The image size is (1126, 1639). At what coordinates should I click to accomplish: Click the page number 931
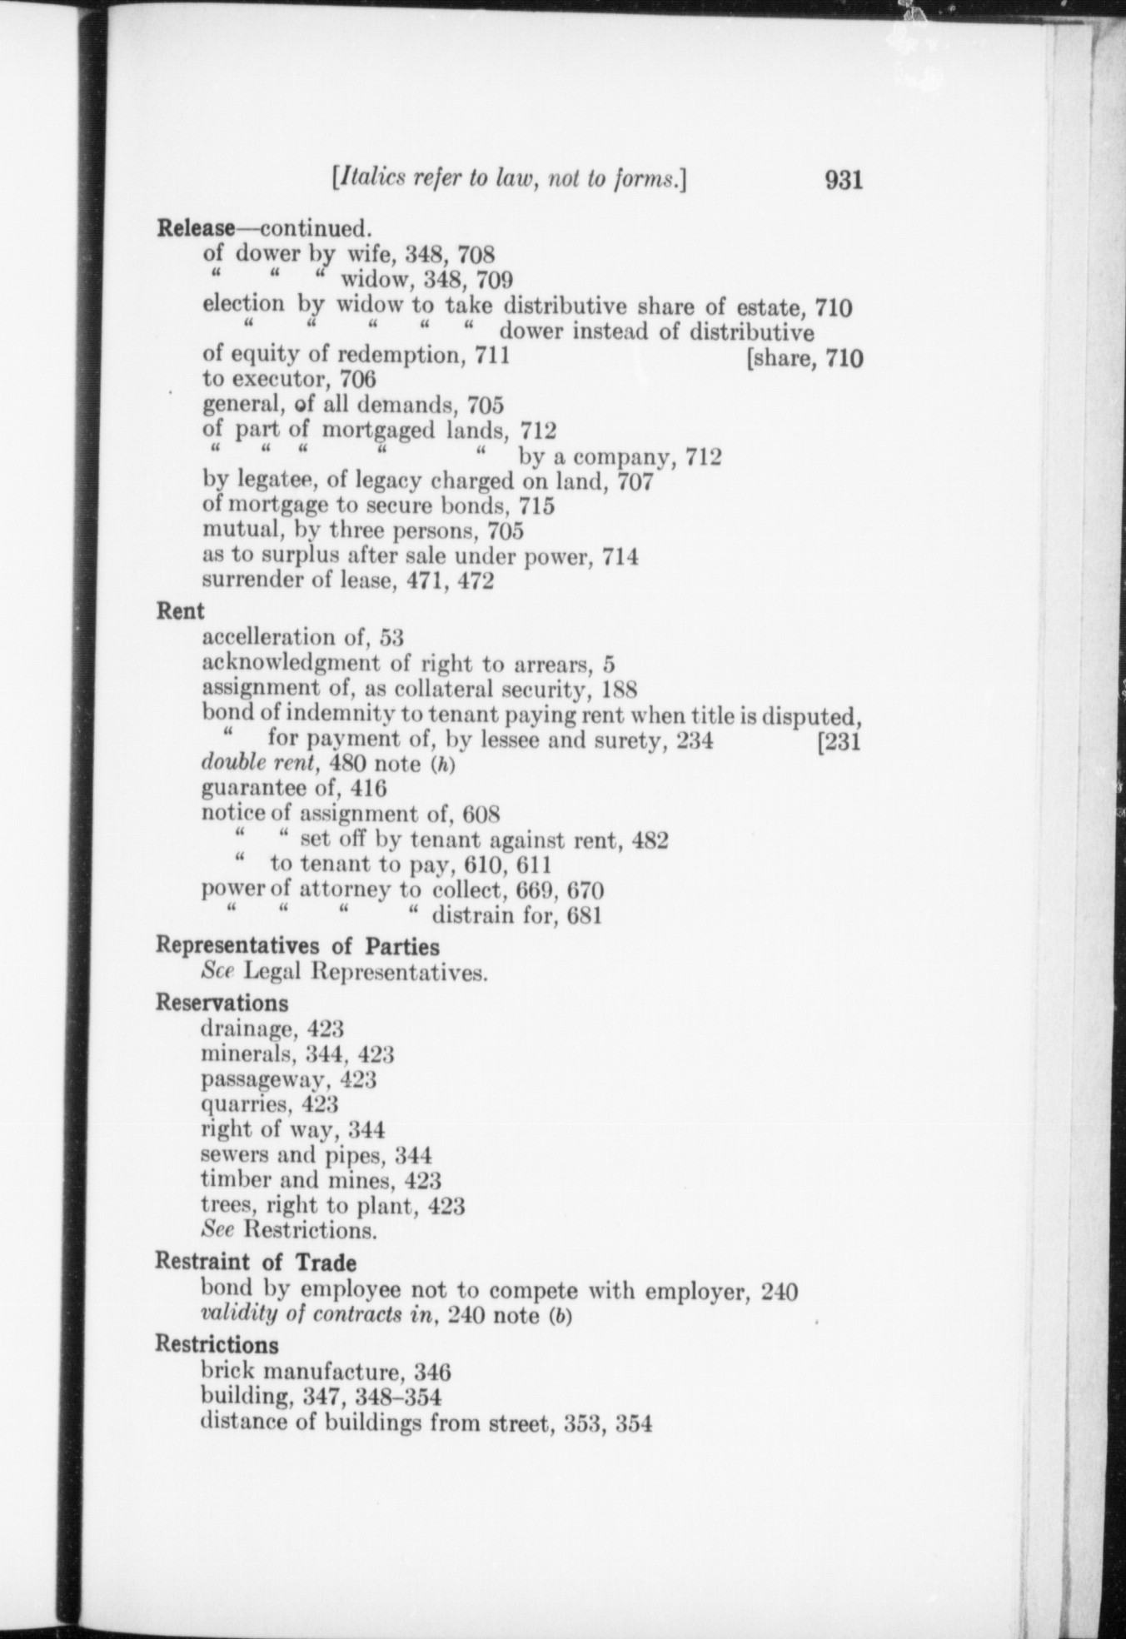(x=843, y=179)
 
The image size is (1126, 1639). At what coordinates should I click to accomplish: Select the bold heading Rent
(x=181, y=610)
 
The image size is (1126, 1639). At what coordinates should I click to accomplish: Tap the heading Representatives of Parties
(x=297, y=946)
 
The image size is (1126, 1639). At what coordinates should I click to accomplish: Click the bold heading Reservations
(x=222, y=1003)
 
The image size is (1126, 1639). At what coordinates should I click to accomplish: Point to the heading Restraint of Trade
(x=255, y=1261)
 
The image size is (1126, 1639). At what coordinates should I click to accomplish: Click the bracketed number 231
(x=840, y=740)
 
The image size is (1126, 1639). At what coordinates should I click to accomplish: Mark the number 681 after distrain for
(x=584, y=916)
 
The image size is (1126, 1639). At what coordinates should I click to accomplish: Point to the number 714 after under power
(x=620, y=556)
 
